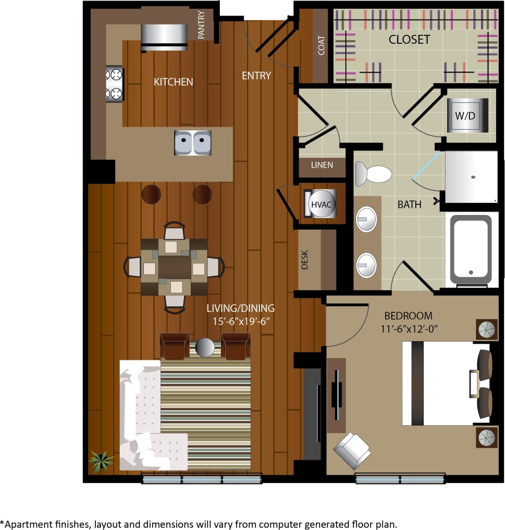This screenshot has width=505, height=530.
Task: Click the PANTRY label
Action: click(x=202, y=24)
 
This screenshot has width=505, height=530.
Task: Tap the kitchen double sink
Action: click(x=193, y=142)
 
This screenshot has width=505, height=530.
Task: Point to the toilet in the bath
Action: click(x=373, y=173)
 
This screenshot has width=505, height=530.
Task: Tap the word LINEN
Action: click(x=322, y=166)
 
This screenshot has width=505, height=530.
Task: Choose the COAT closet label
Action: click(x=321, y=45)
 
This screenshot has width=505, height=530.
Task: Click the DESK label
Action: click(x=305, y=260)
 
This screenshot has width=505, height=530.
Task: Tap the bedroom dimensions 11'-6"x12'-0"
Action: click(x=408, y=329)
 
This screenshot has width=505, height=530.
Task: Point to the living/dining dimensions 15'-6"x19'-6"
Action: click(x=240, y=321)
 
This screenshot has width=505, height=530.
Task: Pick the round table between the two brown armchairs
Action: click(x=205, y=348)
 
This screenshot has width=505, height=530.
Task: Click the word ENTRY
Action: click(x=256, y=75)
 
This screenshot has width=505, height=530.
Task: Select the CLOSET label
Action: click(x=409, y=40)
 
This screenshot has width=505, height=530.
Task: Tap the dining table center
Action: click(x=174, y=267)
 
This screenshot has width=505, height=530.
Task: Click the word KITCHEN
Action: click(x=173, y=82)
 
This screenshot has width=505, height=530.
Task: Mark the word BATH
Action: click(x=409, y=205)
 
